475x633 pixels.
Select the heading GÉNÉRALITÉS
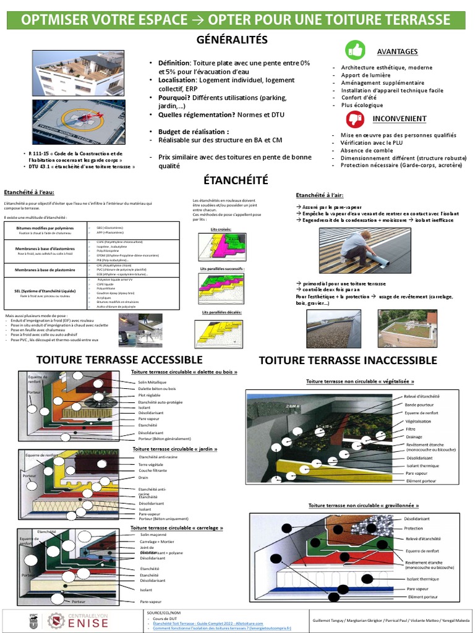pyautogui.click(x=232, y=40)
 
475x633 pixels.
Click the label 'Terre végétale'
pyautogui.click(x=152, y=464)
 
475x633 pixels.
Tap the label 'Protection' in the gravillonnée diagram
pyautogui.click(x=414, y=528)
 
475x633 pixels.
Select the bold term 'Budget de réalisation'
pyautogui.click(x=193, y=132)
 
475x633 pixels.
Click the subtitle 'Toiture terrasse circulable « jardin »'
pyautogui.click(x=174, y=449)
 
